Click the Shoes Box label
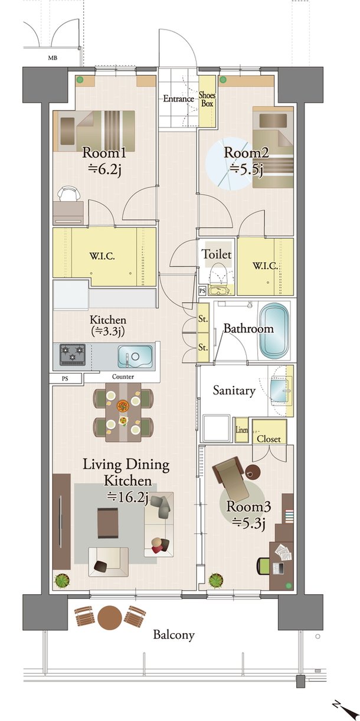pyautogui.click(x=207, y=100)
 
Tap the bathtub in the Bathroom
pyautogui.click(x=274, y=330)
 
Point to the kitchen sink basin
pyautogui.click(x=135, y=356)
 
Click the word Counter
pyautogui.click(x=123, y=376)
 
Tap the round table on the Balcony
pyautogui.click(x=110, y=617)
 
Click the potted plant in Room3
pyautogui.click(x=216, y=581)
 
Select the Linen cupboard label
pyautogui.click(x=241, y=430)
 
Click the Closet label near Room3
pyautogui.click(x=269, y=439)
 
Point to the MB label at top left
pyautogui.click(x=53, y=58)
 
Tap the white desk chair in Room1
pyautogui.click(x=68, y=194)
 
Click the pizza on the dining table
pyautogui.click(x=123, y=405)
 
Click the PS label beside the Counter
pyautogui.click(x=65, y=379)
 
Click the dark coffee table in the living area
pyautogui.click(x=107, y=523)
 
